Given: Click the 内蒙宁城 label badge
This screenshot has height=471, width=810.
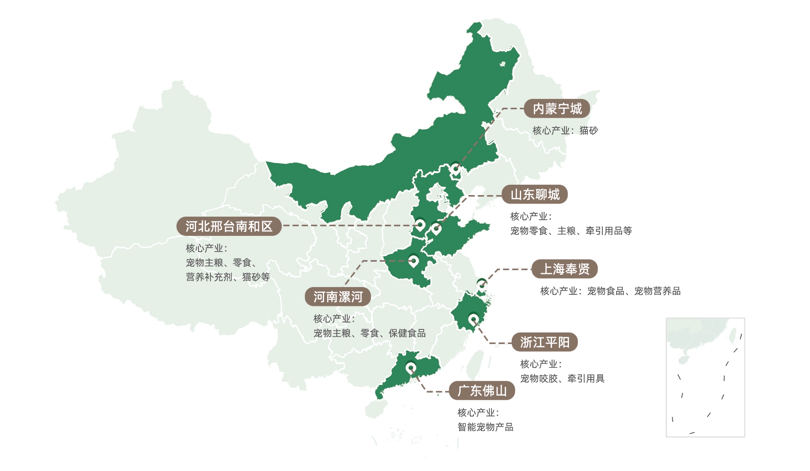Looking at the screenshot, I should point(557,109).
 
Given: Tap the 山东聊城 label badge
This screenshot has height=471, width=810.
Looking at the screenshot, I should point(535,195).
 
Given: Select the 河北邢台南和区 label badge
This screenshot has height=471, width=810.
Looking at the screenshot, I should point(229,226).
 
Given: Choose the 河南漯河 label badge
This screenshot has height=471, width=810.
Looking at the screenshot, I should point(338,297).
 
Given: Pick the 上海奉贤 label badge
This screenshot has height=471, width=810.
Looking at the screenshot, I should point(565,269).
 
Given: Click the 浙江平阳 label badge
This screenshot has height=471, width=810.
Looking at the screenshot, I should point(545,342).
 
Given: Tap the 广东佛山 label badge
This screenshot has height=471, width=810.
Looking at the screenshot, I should point(482,391).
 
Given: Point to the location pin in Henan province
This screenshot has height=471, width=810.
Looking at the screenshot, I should point(413,261).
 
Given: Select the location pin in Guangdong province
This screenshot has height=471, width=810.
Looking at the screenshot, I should point(411,367).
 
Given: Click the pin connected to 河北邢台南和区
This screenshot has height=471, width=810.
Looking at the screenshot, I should point(420,224).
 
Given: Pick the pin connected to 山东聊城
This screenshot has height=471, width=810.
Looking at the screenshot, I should point(436,229).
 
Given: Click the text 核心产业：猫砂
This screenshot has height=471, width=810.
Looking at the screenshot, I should point(565,131).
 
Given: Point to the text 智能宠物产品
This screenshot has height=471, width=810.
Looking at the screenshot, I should point(486,427).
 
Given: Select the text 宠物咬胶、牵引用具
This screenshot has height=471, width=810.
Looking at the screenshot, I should point(562,379).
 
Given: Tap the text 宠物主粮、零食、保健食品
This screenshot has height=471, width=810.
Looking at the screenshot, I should point(369,333).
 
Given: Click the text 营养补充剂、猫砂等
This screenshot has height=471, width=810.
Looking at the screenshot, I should point(228,277).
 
